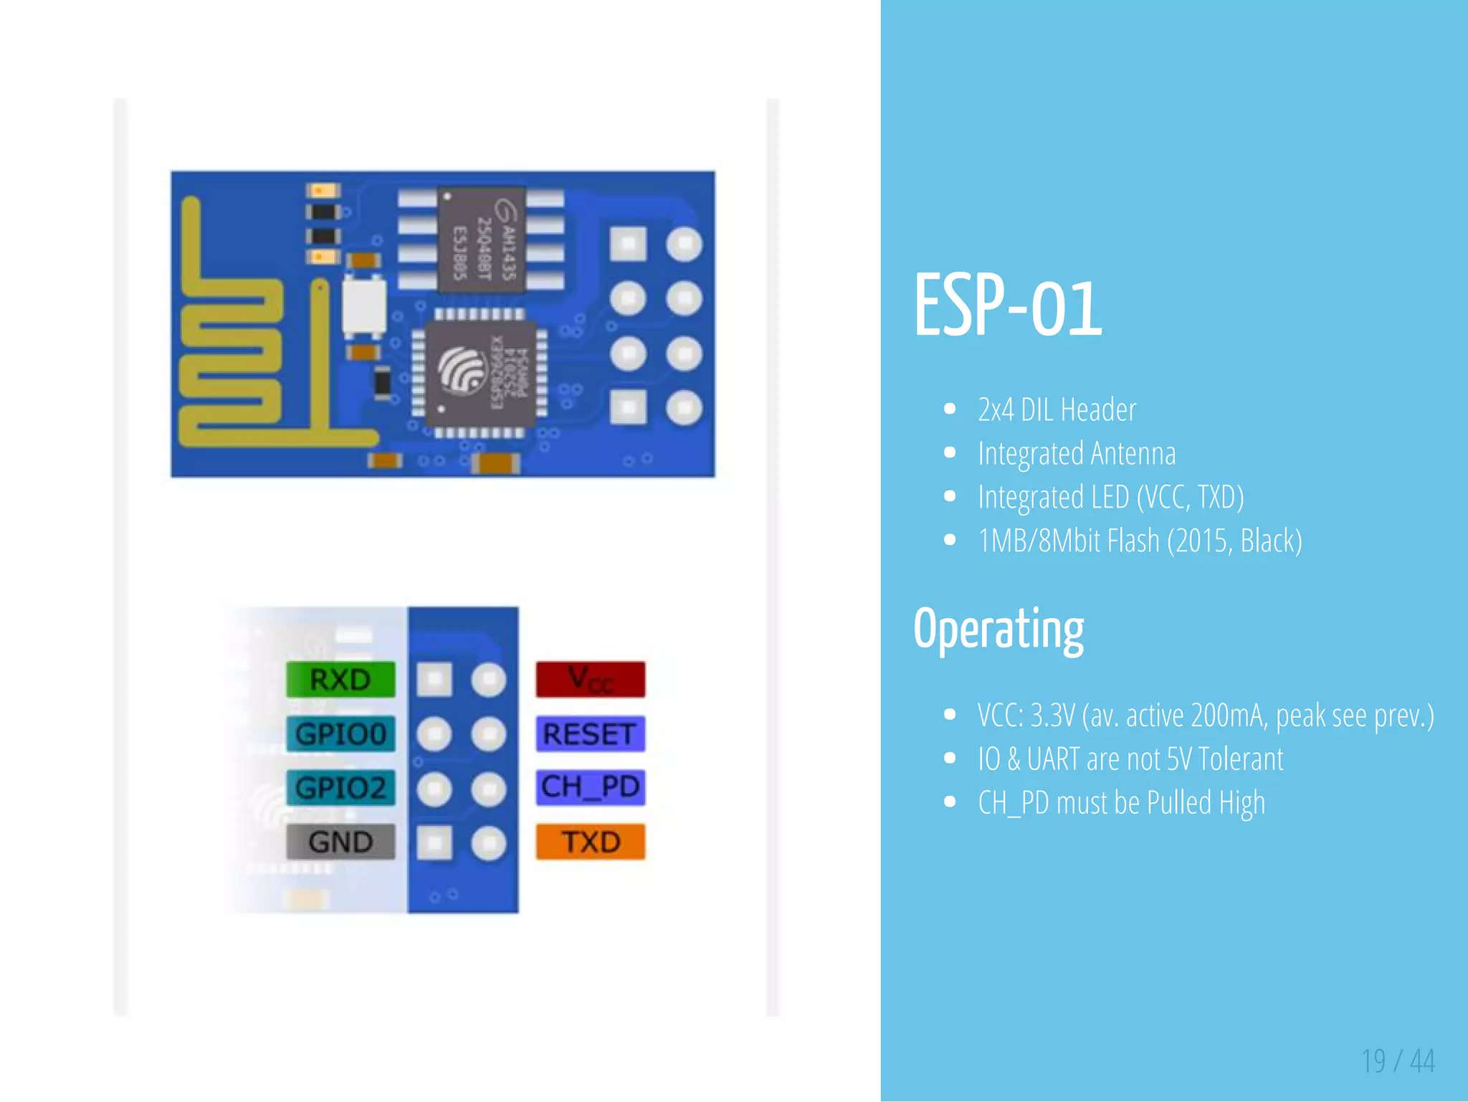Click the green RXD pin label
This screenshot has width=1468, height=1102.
pos(340,680)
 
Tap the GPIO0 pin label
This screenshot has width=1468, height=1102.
pos(340,734)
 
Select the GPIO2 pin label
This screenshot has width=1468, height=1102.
pos(340,788)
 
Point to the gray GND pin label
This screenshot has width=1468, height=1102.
pos(340,842)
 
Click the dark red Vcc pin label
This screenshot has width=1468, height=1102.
pos(591,680)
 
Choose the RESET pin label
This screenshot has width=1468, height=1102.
pos(591,734)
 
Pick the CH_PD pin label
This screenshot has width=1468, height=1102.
pos(591,787)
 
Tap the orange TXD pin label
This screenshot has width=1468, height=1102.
pos(591,842)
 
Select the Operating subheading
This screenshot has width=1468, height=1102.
pos(998,630)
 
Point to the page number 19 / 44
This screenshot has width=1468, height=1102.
pos(1398,1061)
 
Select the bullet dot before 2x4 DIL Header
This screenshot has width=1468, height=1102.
pos(950,409)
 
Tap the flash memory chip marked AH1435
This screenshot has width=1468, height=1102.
pos(482,241)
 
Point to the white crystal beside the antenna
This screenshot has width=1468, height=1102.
pos(364,306)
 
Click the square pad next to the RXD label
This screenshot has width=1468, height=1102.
pos(434,680)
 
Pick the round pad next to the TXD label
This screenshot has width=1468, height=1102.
pos(489,843)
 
